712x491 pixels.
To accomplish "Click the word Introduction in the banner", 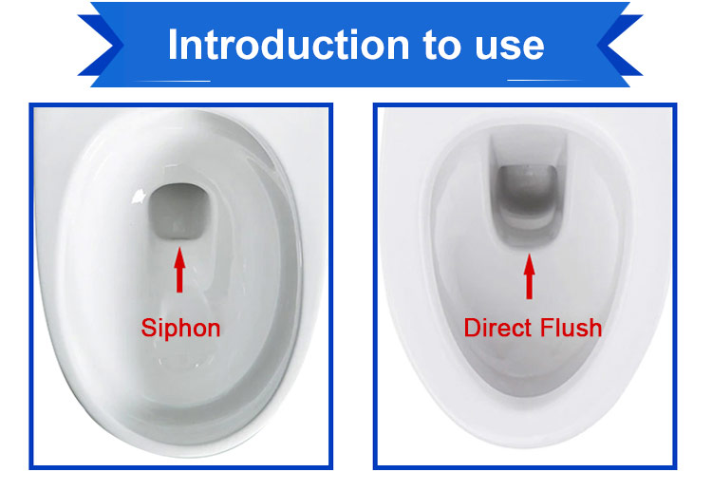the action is tap(289, 44).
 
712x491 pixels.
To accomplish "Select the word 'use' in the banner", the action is tap(510, 48).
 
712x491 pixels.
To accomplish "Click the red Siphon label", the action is tap(180, 329).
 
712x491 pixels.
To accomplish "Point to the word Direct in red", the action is tap(497, 328).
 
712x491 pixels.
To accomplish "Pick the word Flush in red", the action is tap(571, 328).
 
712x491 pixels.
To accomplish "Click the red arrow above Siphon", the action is tap(179, 270).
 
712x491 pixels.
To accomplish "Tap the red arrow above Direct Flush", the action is tap(529, 276).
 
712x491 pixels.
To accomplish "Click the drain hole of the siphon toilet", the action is tap(178, 211).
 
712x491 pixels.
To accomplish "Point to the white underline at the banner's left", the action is tap(173, 82).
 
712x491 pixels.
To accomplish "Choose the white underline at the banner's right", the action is tap(545, 81).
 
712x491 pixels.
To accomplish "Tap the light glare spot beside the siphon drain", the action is tap(138, 197).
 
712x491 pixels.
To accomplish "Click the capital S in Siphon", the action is tap(149, 328).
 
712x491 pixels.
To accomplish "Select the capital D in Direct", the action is tap(473, 328).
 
